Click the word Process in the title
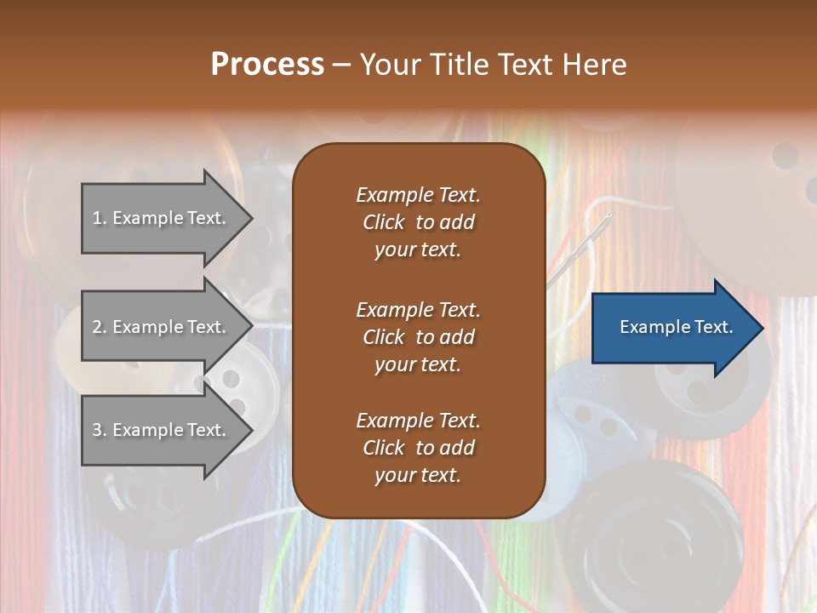[x=267, y=65]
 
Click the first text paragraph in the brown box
[x=418, y=222]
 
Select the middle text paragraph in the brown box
[x=418, y=336]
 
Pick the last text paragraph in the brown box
[x=418, y=448]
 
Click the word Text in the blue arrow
[x=712, y=327]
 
